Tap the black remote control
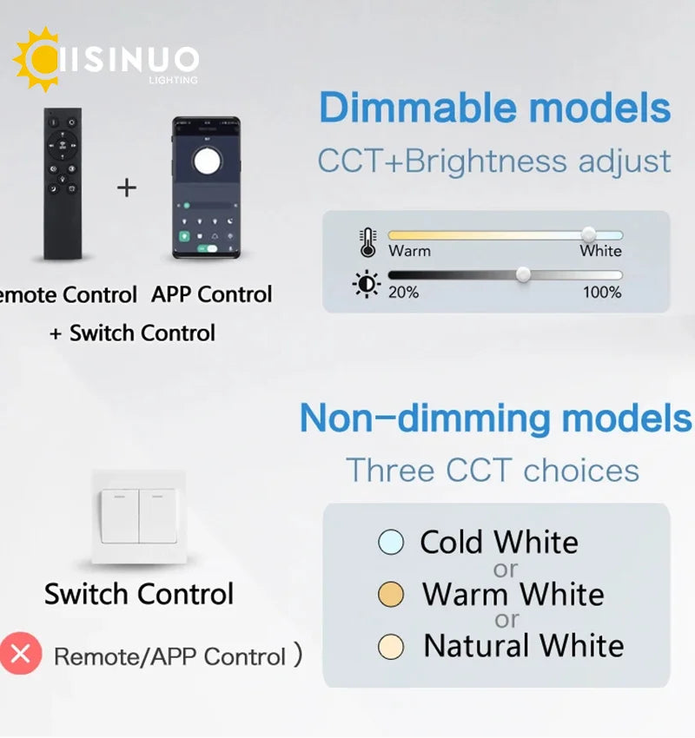(63, 183)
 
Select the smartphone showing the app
(206, 188)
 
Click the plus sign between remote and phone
(127, 188)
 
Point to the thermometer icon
(367, 242)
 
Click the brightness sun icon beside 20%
(367, 284)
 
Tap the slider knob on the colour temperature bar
(588, 234)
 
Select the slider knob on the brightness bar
(523, 274)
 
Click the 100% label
(602, 293)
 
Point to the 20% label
(403, 293)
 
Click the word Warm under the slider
(409, 251)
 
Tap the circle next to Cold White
(391, 542)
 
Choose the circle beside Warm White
(391, 594)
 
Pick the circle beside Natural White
(391, 646)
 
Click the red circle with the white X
(21, 653)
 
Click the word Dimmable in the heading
(418, 108)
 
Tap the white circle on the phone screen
(207, 161)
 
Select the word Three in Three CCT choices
(390, 470)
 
